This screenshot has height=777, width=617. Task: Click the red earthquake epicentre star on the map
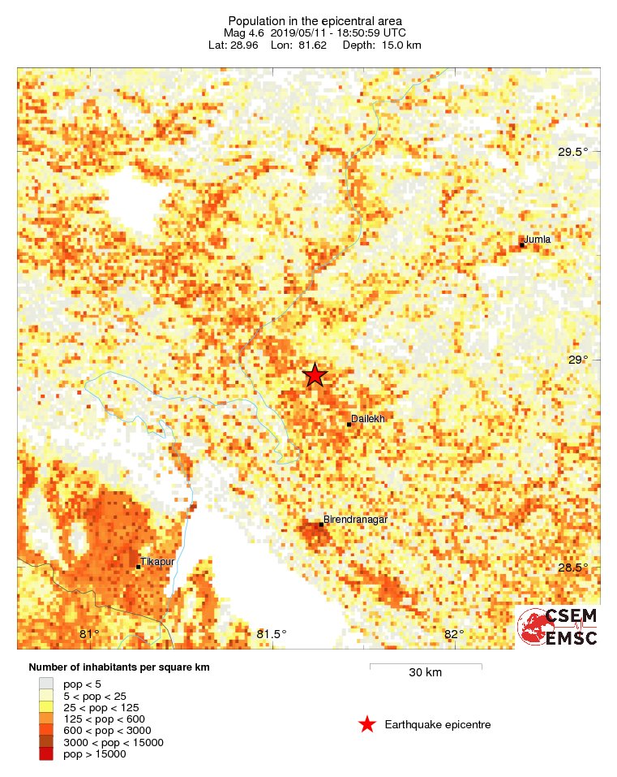tap(315, 374)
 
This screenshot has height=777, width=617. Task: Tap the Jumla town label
tap(538, 240)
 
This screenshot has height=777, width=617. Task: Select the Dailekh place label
tap(366, 418)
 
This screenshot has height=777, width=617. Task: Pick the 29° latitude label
tap(578, 360)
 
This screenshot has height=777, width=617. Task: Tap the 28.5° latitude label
tap(572, 567)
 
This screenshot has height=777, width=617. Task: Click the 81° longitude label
tap(89, 634)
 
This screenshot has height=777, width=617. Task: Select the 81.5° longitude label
tap(272, 634)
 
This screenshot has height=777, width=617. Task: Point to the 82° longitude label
tap(454, 634)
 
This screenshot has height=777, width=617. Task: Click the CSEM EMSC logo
tap(558, 627)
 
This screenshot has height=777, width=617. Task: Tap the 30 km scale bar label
tap(425, 673)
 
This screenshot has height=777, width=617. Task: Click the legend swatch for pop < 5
tap(47, 684)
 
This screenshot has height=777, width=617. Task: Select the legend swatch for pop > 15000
tap(47, 754)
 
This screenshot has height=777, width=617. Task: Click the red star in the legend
tap(367, 725)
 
